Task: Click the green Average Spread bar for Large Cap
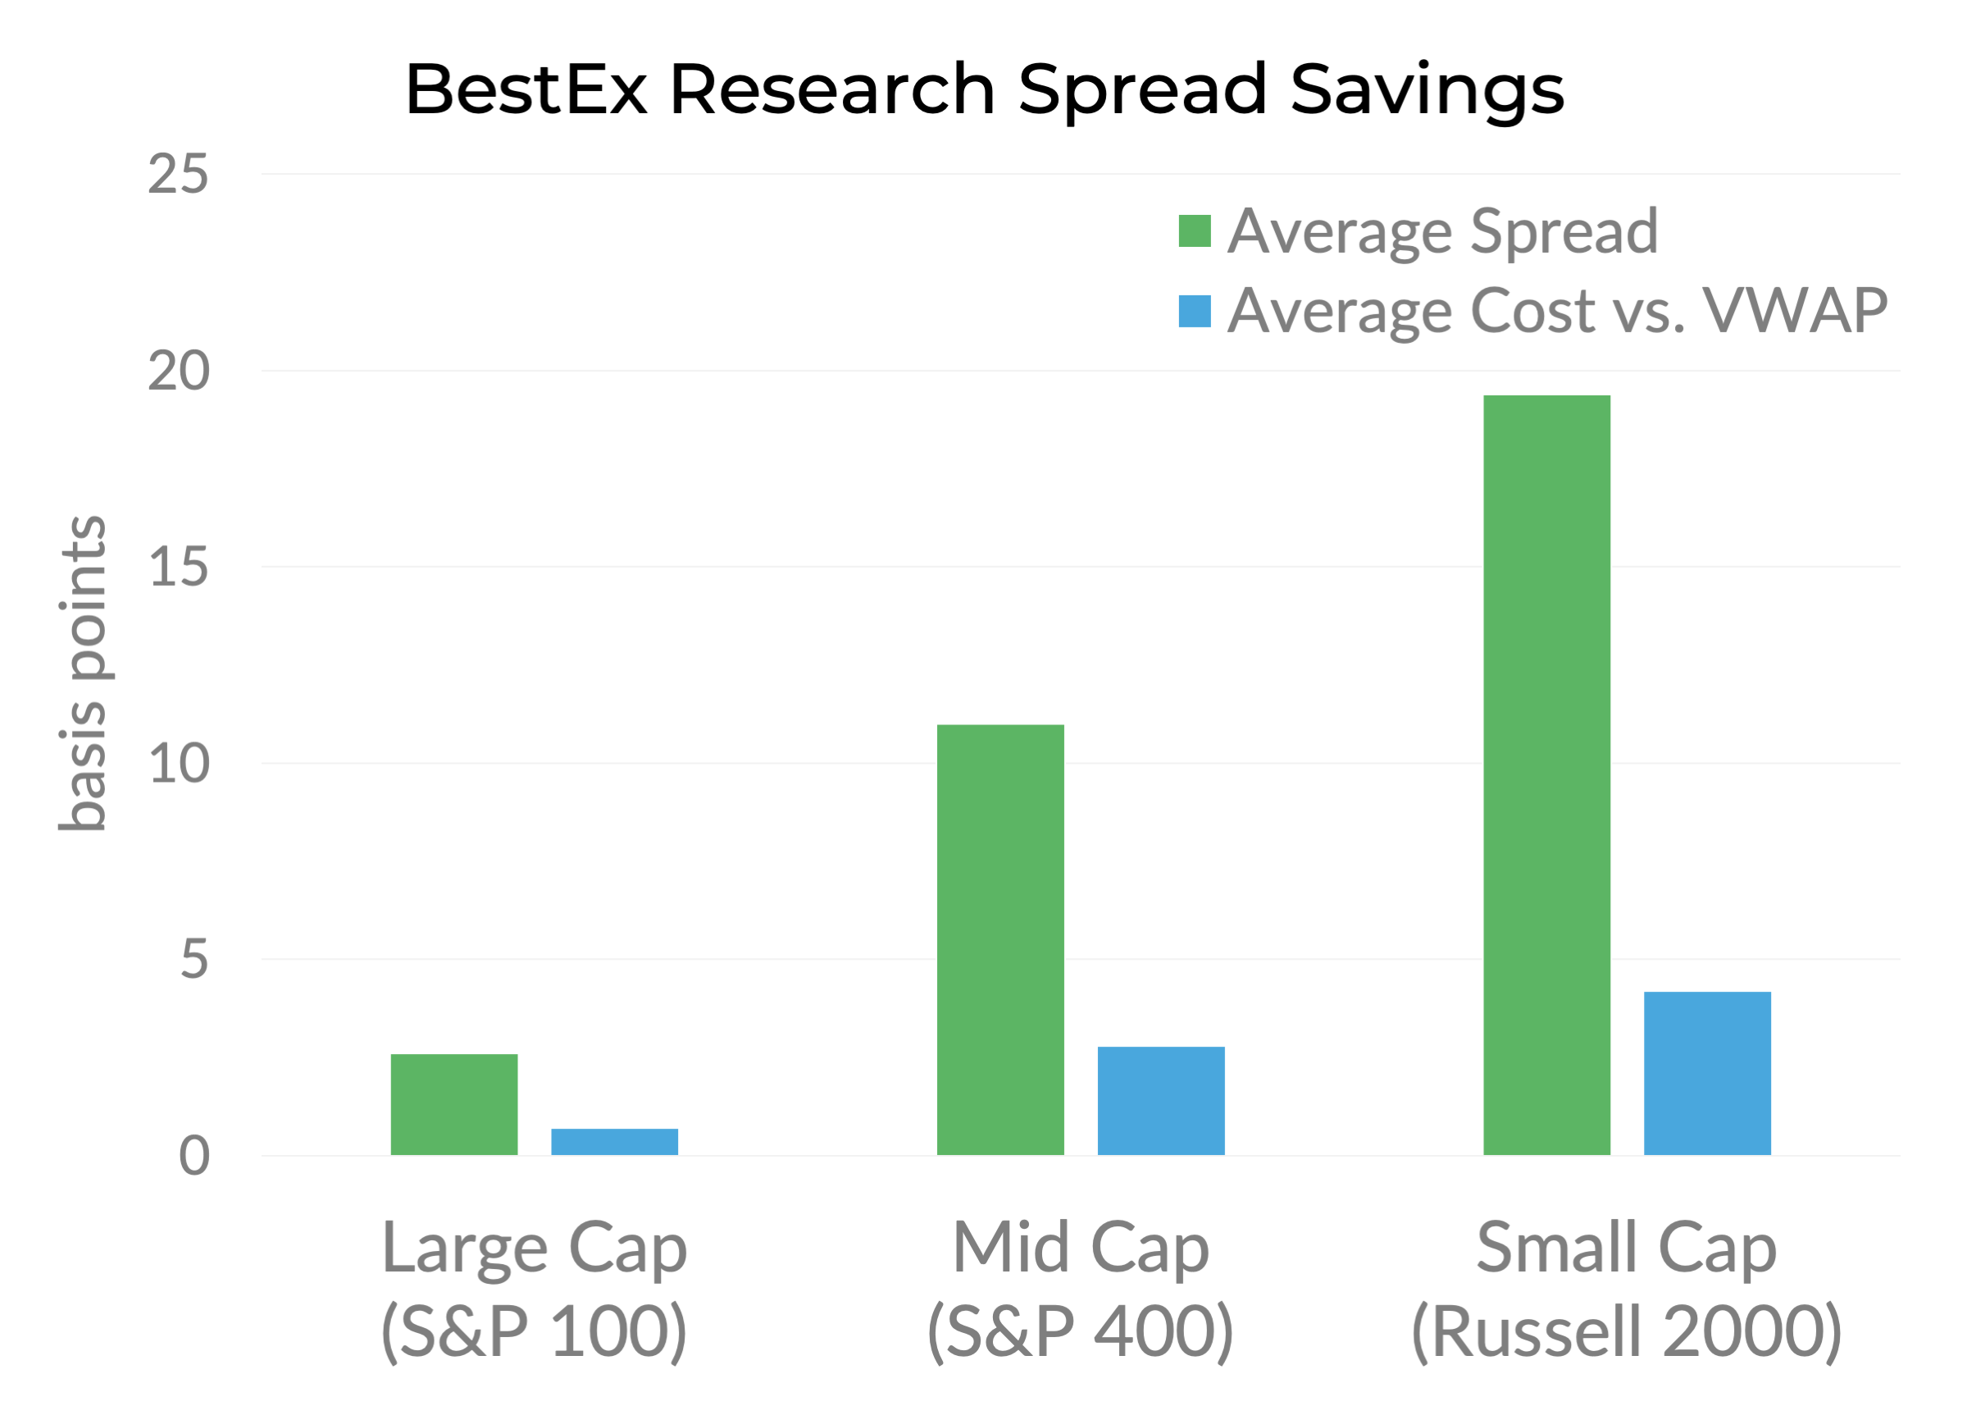point(453,1104)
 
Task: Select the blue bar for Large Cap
point(614,1141)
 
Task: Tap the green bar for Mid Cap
point(999,939)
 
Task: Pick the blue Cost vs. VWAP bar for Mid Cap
point(1160,1100)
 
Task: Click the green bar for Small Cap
point(1546,775)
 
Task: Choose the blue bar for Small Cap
point(1706,1073)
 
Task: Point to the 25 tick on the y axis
point(178,174)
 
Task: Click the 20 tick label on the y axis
point(178,372)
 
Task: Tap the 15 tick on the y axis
point(178,568)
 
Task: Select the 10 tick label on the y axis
point(178,765)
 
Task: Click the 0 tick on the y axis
point(194,1157)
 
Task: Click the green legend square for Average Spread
point(1194,231)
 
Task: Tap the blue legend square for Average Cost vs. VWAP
point(1194,312)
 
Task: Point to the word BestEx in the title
point(526,89)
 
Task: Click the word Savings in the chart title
point(1427,91)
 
